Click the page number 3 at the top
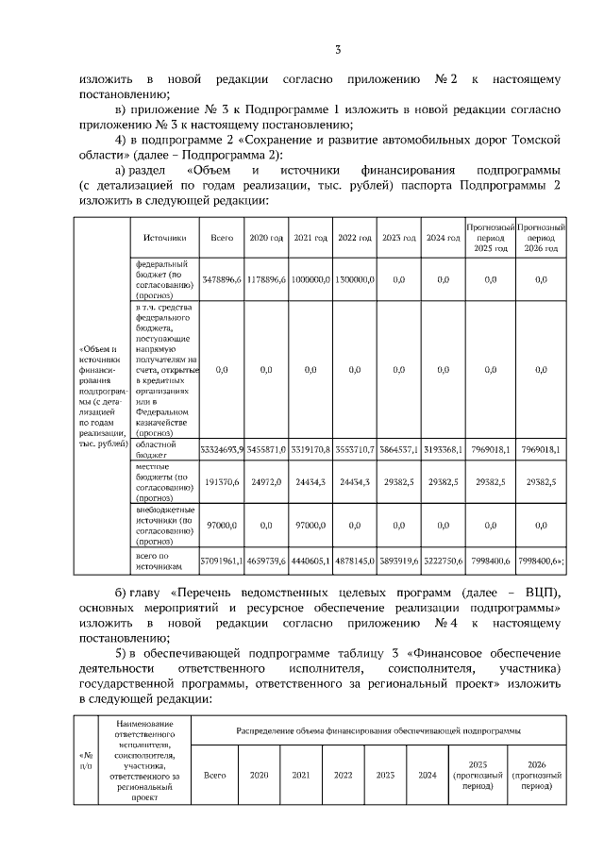(x=337, y=50)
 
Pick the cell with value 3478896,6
(x=223, y=279)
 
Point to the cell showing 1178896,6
(x=266, y=279)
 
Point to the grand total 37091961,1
(x=223, y=561)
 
